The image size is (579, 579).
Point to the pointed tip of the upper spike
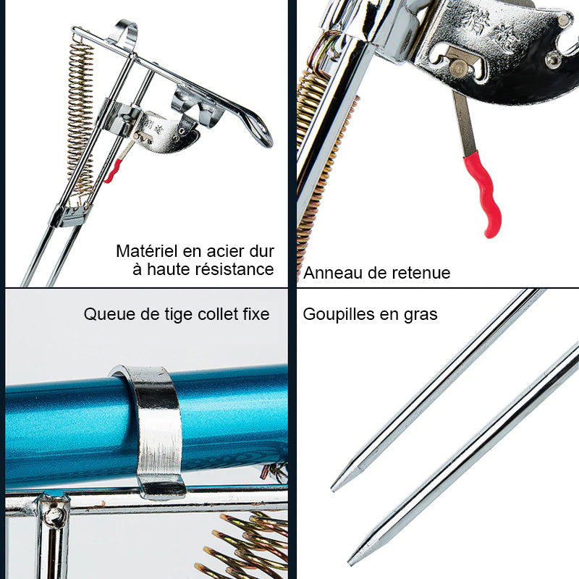[332, 490]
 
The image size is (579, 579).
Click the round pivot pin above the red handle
[458, 67]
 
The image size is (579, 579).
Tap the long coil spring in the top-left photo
[81, 118]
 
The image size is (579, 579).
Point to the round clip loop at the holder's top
[125, 33]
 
